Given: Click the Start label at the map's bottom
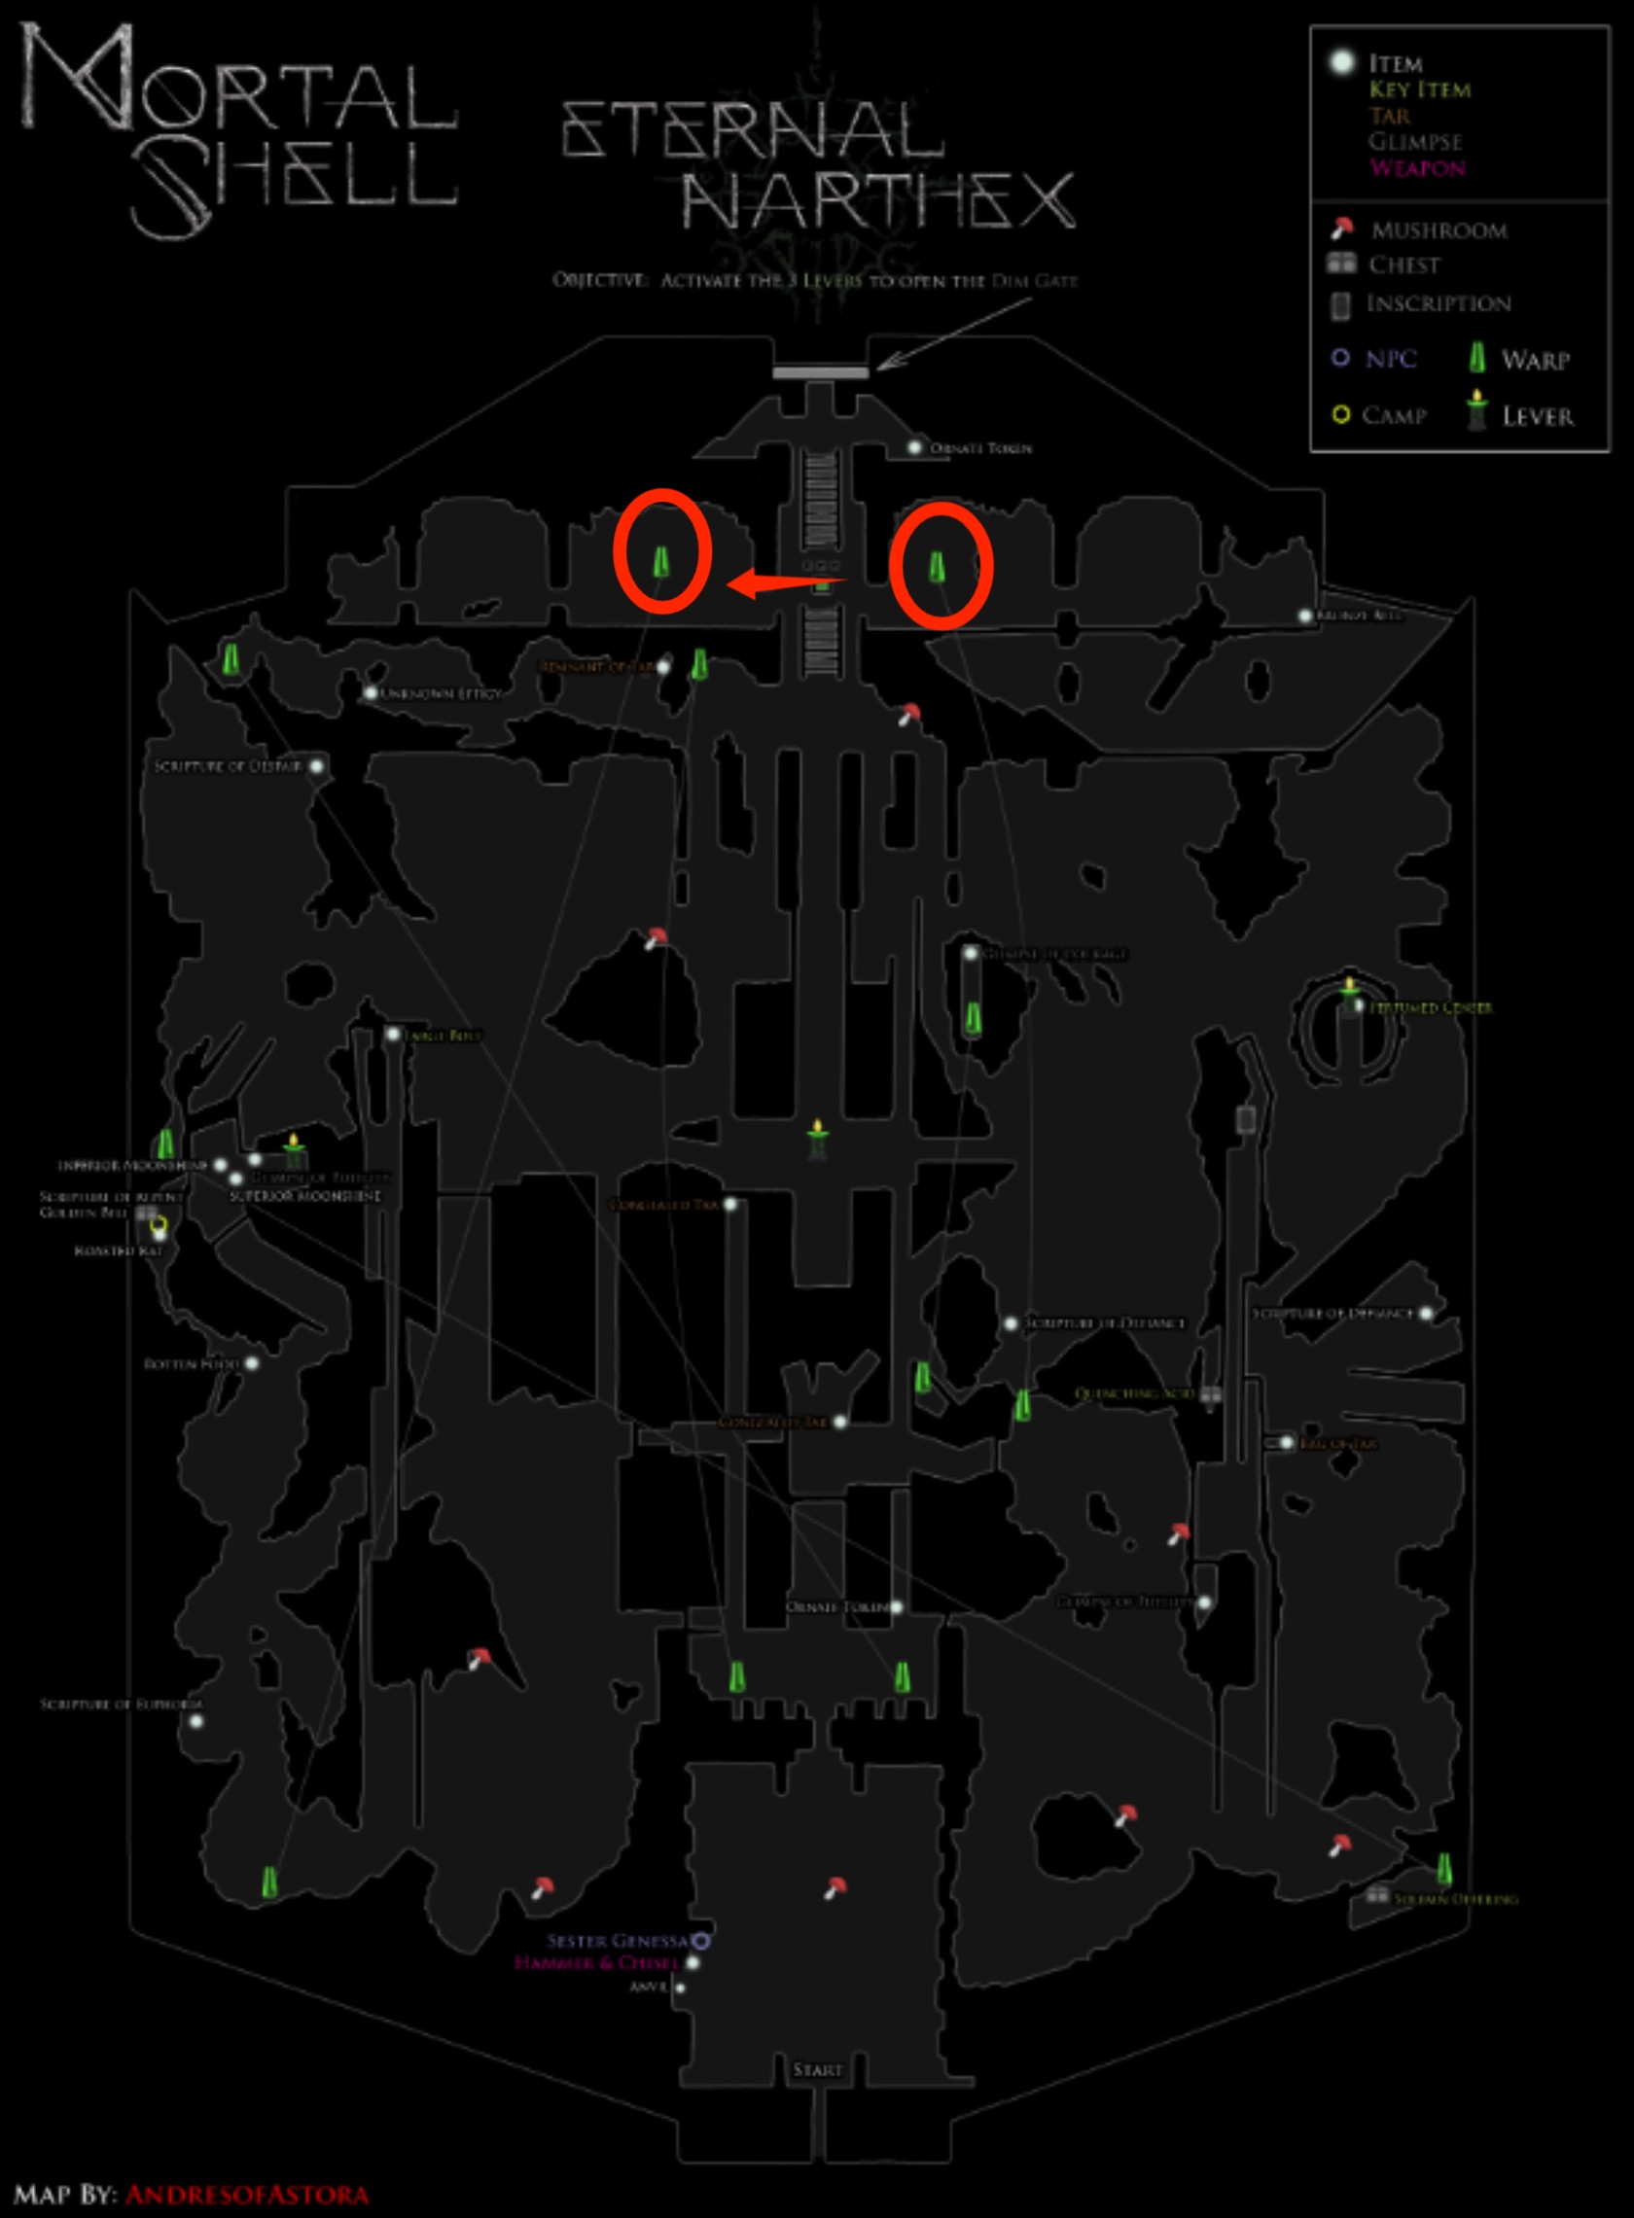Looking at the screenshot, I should pos(817,2069).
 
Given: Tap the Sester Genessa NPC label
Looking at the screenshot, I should pos(619,1940).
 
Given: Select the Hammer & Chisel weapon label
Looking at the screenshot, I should pos(596,1962).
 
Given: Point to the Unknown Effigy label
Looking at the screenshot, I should pos(442,693).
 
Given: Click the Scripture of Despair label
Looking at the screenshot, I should pos(228,766).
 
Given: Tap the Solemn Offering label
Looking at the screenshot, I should pos(1455,1899).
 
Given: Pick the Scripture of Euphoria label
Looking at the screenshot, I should pos(121,1704).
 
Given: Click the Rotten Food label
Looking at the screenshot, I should pos(192,1363).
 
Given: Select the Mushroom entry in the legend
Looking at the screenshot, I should pos(1439,230).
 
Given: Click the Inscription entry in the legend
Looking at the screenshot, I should pos(1439,303).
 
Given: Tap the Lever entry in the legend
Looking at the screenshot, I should pos(1537,416).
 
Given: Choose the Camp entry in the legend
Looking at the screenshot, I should pos(1394,415).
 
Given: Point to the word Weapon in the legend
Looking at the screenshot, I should pos(1416,168).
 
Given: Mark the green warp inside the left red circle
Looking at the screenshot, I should pos(660,562).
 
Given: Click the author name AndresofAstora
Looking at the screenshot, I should pos(246,2196).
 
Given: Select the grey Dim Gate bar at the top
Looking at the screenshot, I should pos(821,372).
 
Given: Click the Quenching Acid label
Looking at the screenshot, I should pos(1134,1393).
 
